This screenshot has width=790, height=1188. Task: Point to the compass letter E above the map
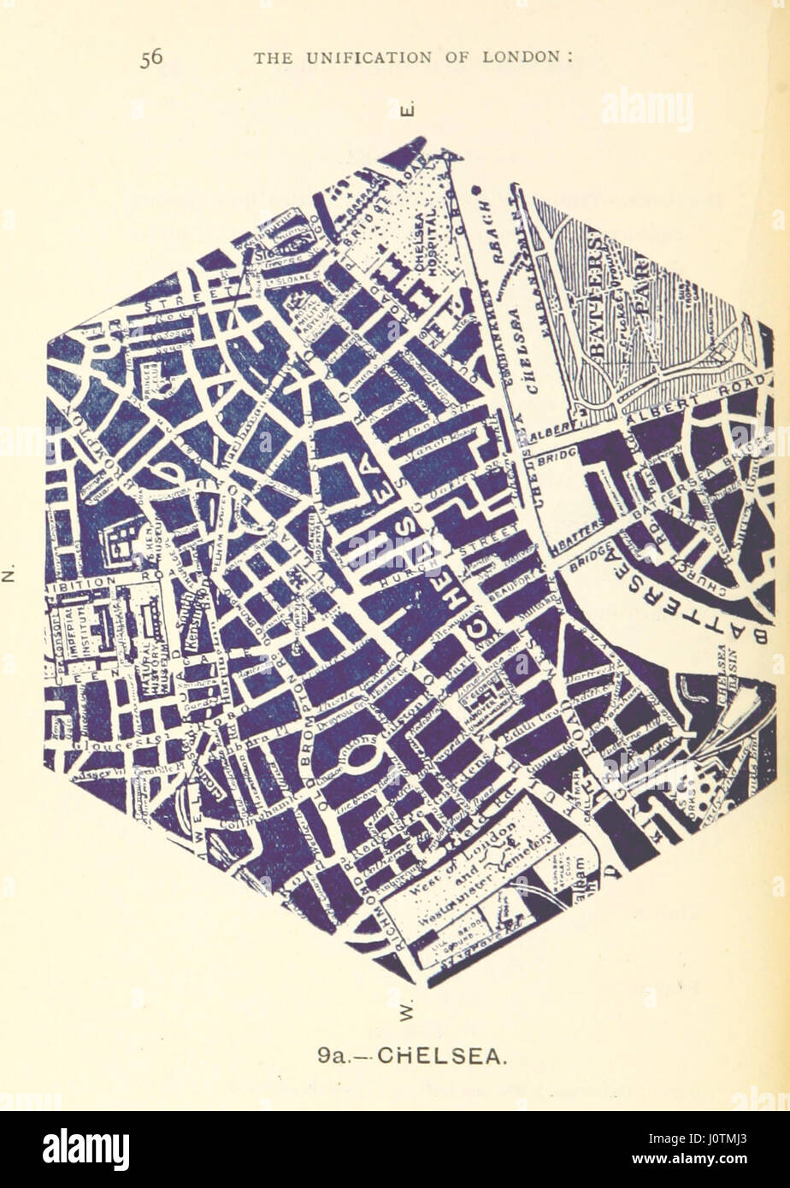point(408,110)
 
